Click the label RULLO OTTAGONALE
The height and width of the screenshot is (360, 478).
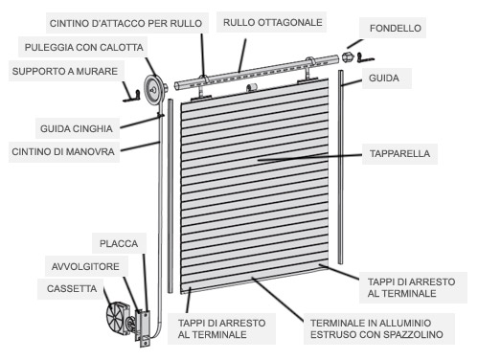pyautogui.click(x=272, y=22)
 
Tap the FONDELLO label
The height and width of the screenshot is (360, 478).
pyautogui.click(x=396, y=28)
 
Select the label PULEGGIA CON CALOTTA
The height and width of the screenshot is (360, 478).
pyautogui.click(x=83, y=47)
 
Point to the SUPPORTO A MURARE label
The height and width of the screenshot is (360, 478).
pyautogui.click(x=65, y=71)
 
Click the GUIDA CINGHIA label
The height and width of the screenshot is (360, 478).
pyautogui.click(x=77, y=128)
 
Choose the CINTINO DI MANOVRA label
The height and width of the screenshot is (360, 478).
pyautogui.click(x=63, y=151)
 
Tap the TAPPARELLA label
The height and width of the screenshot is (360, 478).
pyautogui.click(x=399, y=153)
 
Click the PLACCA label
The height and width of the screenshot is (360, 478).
pyautogui.click(x=119, y=243)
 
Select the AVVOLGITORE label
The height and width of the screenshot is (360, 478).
pyautogui.click(x=85, y=266)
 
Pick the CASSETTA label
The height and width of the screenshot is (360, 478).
pyautogui.click(x=72, y=288)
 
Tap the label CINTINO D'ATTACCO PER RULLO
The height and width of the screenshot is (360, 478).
pyautogui.click(x=125, y=23)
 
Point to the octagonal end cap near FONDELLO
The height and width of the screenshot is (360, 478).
pyautogui.click(x=348, y=57)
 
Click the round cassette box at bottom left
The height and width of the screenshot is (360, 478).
pyautogui.click(x=118, y=318)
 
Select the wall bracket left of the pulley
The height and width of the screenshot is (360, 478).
pyautogui.click(x=131, y=94)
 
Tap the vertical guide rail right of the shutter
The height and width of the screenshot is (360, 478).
pyautogui.click(x=341, y=167)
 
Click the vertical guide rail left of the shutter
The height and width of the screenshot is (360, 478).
pyautogui.click(x=171, y=195)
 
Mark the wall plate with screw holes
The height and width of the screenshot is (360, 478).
pyautogui.click(x=146, y=328)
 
